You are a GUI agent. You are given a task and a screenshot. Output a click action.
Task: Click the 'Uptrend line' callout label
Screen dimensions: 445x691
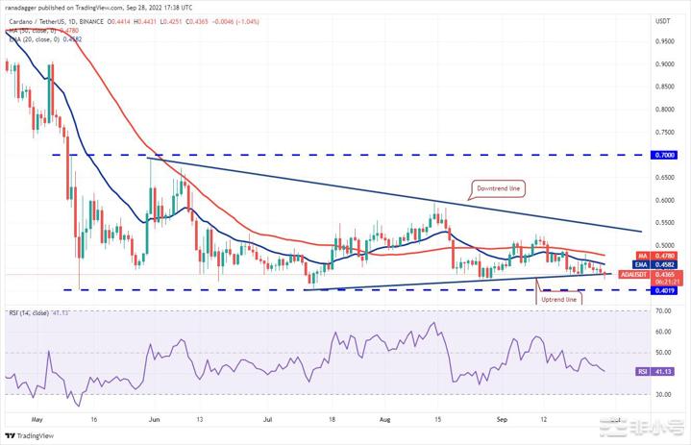pyautogui.click(x=558, y=299)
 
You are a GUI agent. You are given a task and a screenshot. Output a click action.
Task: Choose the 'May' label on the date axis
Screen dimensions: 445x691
pyautogui.click(x=37, y=419)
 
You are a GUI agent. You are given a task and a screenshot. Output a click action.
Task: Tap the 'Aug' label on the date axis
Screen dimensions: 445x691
pyautogui.click(x=384, y=419)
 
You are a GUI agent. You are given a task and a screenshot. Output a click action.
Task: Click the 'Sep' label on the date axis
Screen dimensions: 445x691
pyautogui.click(x=500, y=419)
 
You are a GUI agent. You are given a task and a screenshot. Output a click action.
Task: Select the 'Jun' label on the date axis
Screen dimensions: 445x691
pyautogui.click(x=154, y=419)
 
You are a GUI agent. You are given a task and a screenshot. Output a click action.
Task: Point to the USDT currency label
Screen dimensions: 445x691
pyautogui.click(x=662, y=20)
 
